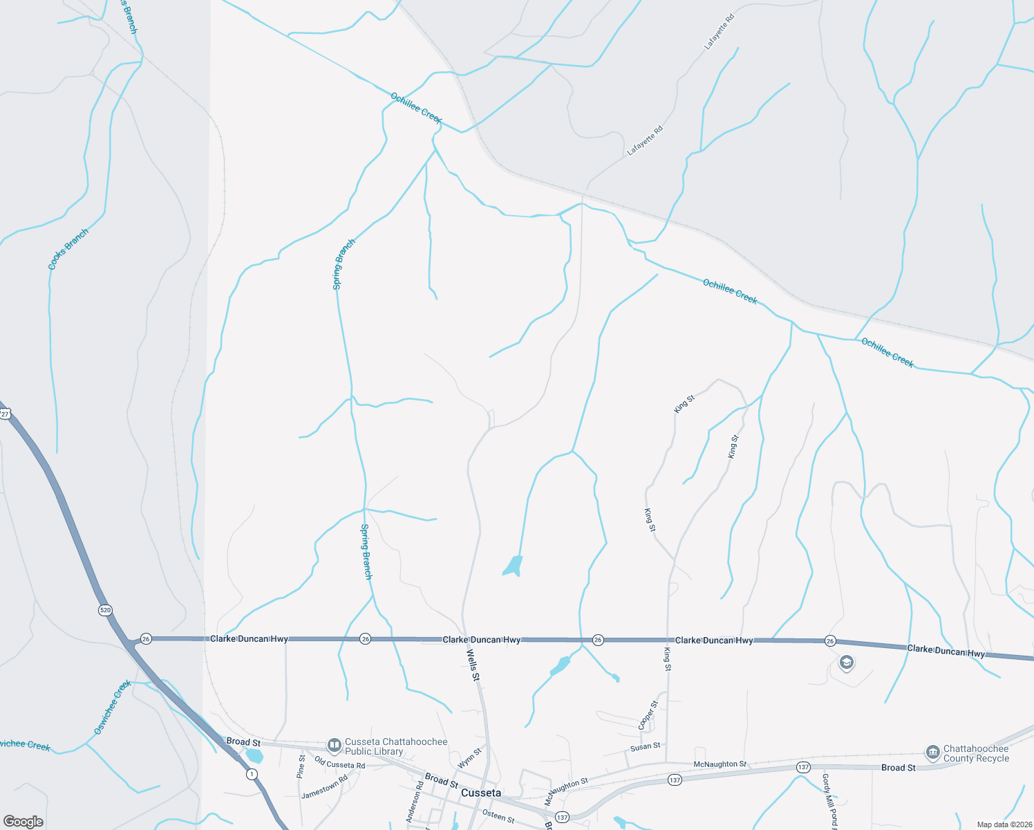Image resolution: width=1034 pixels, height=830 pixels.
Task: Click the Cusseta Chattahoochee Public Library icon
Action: tap(335, 745)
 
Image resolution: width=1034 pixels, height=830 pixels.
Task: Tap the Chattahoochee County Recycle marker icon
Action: tap(932, 752)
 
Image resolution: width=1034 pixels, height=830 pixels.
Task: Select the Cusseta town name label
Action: tap(481, 793)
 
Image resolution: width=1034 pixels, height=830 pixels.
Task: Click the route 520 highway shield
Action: tap(105, 610)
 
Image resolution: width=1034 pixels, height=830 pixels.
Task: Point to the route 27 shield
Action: tap(5, 414)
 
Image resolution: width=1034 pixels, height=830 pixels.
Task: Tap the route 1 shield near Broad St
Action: tap(252, 774)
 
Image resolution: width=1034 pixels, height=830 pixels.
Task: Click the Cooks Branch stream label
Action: tap(68, 249)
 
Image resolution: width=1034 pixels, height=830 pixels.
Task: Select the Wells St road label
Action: tap(473, 665)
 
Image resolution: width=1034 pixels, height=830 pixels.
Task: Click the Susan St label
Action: tap(645, 747)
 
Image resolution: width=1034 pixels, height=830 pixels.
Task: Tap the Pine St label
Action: tap(301, 766)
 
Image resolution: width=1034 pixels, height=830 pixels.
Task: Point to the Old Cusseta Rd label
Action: tap(339, 764)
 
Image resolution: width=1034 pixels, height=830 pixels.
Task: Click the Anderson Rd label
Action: tap(415, 802)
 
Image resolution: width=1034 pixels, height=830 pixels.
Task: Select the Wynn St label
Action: tap(469, 758)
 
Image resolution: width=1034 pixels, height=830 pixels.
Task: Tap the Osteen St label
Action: tap(498, 816)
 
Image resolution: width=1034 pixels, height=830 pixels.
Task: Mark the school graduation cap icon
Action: tap(846, 663)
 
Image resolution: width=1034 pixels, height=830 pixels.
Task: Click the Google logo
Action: tap(23, 822)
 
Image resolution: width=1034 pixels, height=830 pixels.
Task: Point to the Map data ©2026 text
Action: tap(1004, 824)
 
